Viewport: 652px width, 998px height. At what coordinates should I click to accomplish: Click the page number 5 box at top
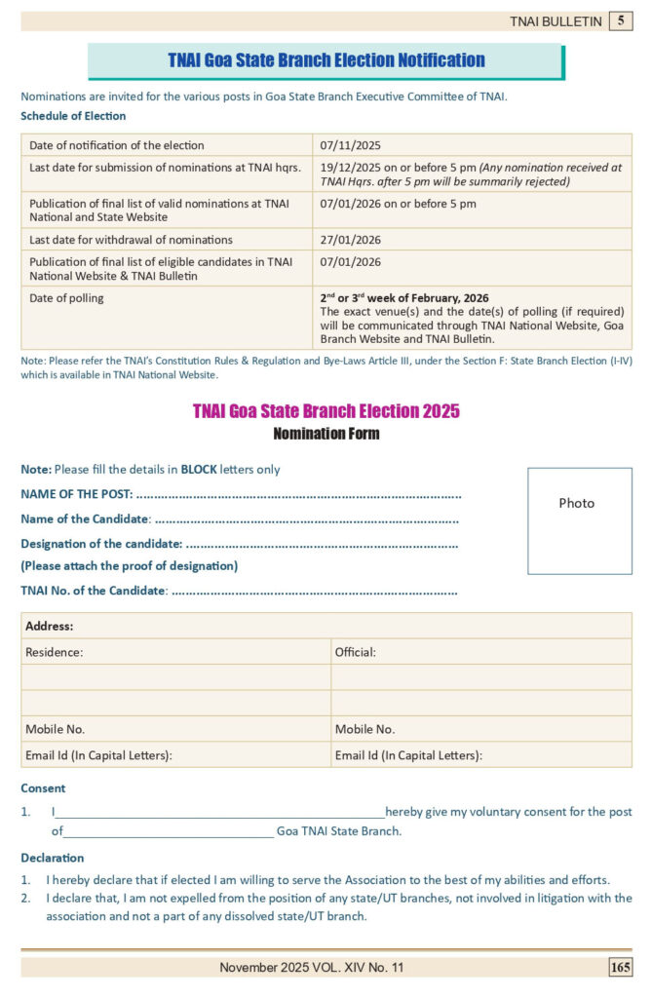tap(621, 20)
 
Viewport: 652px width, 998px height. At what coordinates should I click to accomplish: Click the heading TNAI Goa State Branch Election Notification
tap(326, 60)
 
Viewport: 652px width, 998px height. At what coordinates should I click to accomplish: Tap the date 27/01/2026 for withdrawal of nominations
tap(350, 240)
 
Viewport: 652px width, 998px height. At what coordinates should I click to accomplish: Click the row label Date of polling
tap(66, 297)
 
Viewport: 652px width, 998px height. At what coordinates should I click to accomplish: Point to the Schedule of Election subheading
tap(73, 116)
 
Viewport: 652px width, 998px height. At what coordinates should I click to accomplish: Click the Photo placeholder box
tap(579, 520)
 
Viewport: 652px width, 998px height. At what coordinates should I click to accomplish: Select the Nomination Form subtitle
tap(326, 433)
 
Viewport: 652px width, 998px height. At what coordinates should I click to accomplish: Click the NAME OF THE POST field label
tap(77, 494)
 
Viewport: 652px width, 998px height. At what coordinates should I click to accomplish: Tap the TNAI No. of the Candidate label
tap(94, 591)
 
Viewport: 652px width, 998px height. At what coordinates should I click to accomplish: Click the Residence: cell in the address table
tap(55, 652)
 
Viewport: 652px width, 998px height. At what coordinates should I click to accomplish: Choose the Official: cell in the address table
tap(356, 652)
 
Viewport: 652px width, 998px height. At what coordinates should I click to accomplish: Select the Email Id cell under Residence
tap(98, 754)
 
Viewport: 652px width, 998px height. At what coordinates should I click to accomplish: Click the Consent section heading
tap(43, 788)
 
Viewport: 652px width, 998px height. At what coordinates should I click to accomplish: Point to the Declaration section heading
tap(52, 858)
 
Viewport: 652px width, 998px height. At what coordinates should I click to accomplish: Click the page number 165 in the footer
tap(620, 967)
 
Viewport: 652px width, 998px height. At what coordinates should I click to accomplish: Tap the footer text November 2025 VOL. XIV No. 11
tap(311, 967)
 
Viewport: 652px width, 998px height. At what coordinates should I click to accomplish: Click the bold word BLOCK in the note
tap(199, 469)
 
